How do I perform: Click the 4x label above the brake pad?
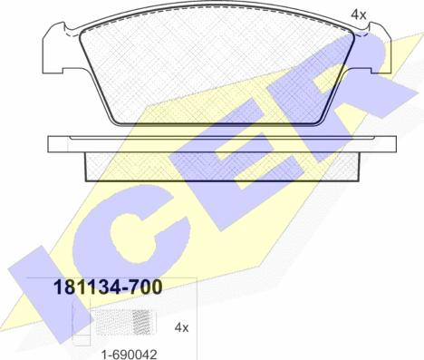click(x=359, y=15)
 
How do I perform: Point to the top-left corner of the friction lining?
click(x=83, y=34)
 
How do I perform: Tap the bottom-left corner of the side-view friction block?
click(x=87, y=176)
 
